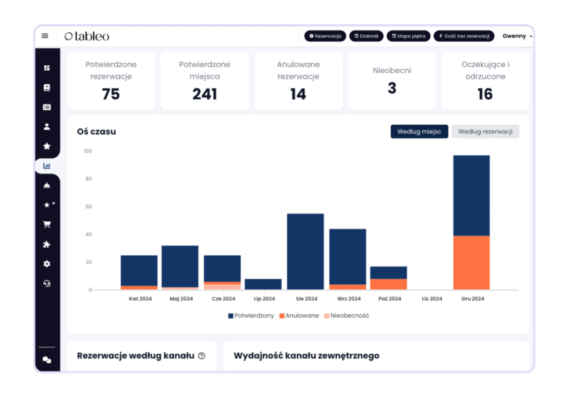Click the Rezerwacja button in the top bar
click(325, 36)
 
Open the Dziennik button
click(366, 36)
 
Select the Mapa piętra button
click(408, 36)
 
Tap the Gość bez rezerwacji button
click(463, 36)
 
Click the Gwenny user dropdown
click(517, 36)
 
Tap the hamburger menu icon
click(45, 36)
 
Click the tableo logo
click(87, 36)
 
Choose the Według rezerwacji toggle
click(485, 131)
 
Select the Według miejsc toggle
click(419, 131)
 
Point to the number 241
click(204, 95)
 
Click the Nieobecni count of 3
click(392, 88)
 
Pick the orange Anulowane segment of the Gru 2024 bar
click(471, 263)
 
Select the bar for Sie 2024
click(305, 251)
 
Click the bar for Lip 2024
click(263, 284)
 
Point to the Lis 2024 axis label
click(432, 299)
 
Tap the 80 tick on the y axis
click(87, 179)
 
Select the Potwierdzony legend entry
click(251, 315)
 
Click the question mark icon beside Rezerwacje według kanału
click(201, 356)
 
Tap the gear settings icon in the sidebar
click(47, 264)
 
